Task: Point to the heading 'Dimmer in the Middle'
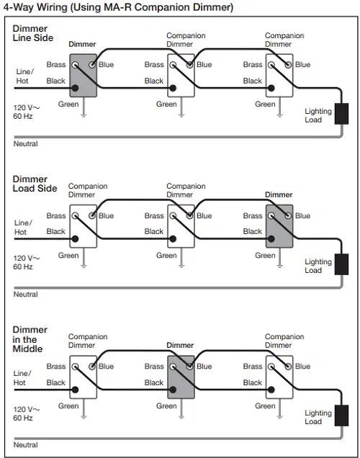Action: [29, 339]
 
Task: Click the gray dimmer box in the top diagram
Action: [84, 76]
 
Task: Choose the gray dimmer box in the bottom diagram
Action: [181, 377]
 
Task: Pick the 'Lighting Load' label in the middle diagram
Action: [318, 266]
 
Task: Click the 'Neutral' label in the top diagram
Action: [26, 144]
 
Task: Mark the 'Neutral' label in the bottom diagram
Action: [26, 445]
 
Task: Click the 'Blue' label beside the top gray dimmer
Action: [107, 65]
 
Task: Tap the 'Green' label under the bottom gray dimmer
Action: [166, 405]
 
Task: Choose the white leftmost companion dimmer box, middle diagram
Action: [84, 227]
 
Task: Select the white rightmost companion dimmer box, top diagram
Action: [279, 76]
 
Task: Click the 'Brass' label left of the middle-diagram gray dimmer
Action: [253, 215]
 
